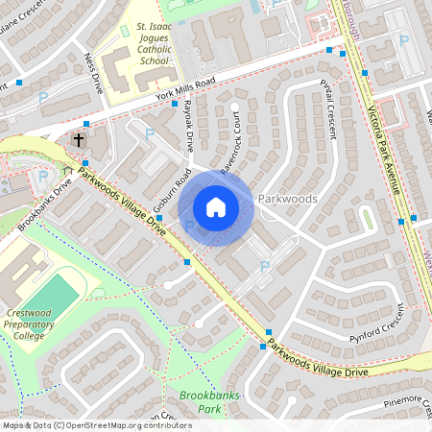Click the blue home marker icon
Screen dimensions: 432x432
coord(216,207)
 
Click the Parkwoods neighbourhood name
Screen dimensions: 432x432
coord(287,199)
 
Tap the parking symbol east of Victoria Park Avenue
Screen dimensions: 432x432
coord(404,41)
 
